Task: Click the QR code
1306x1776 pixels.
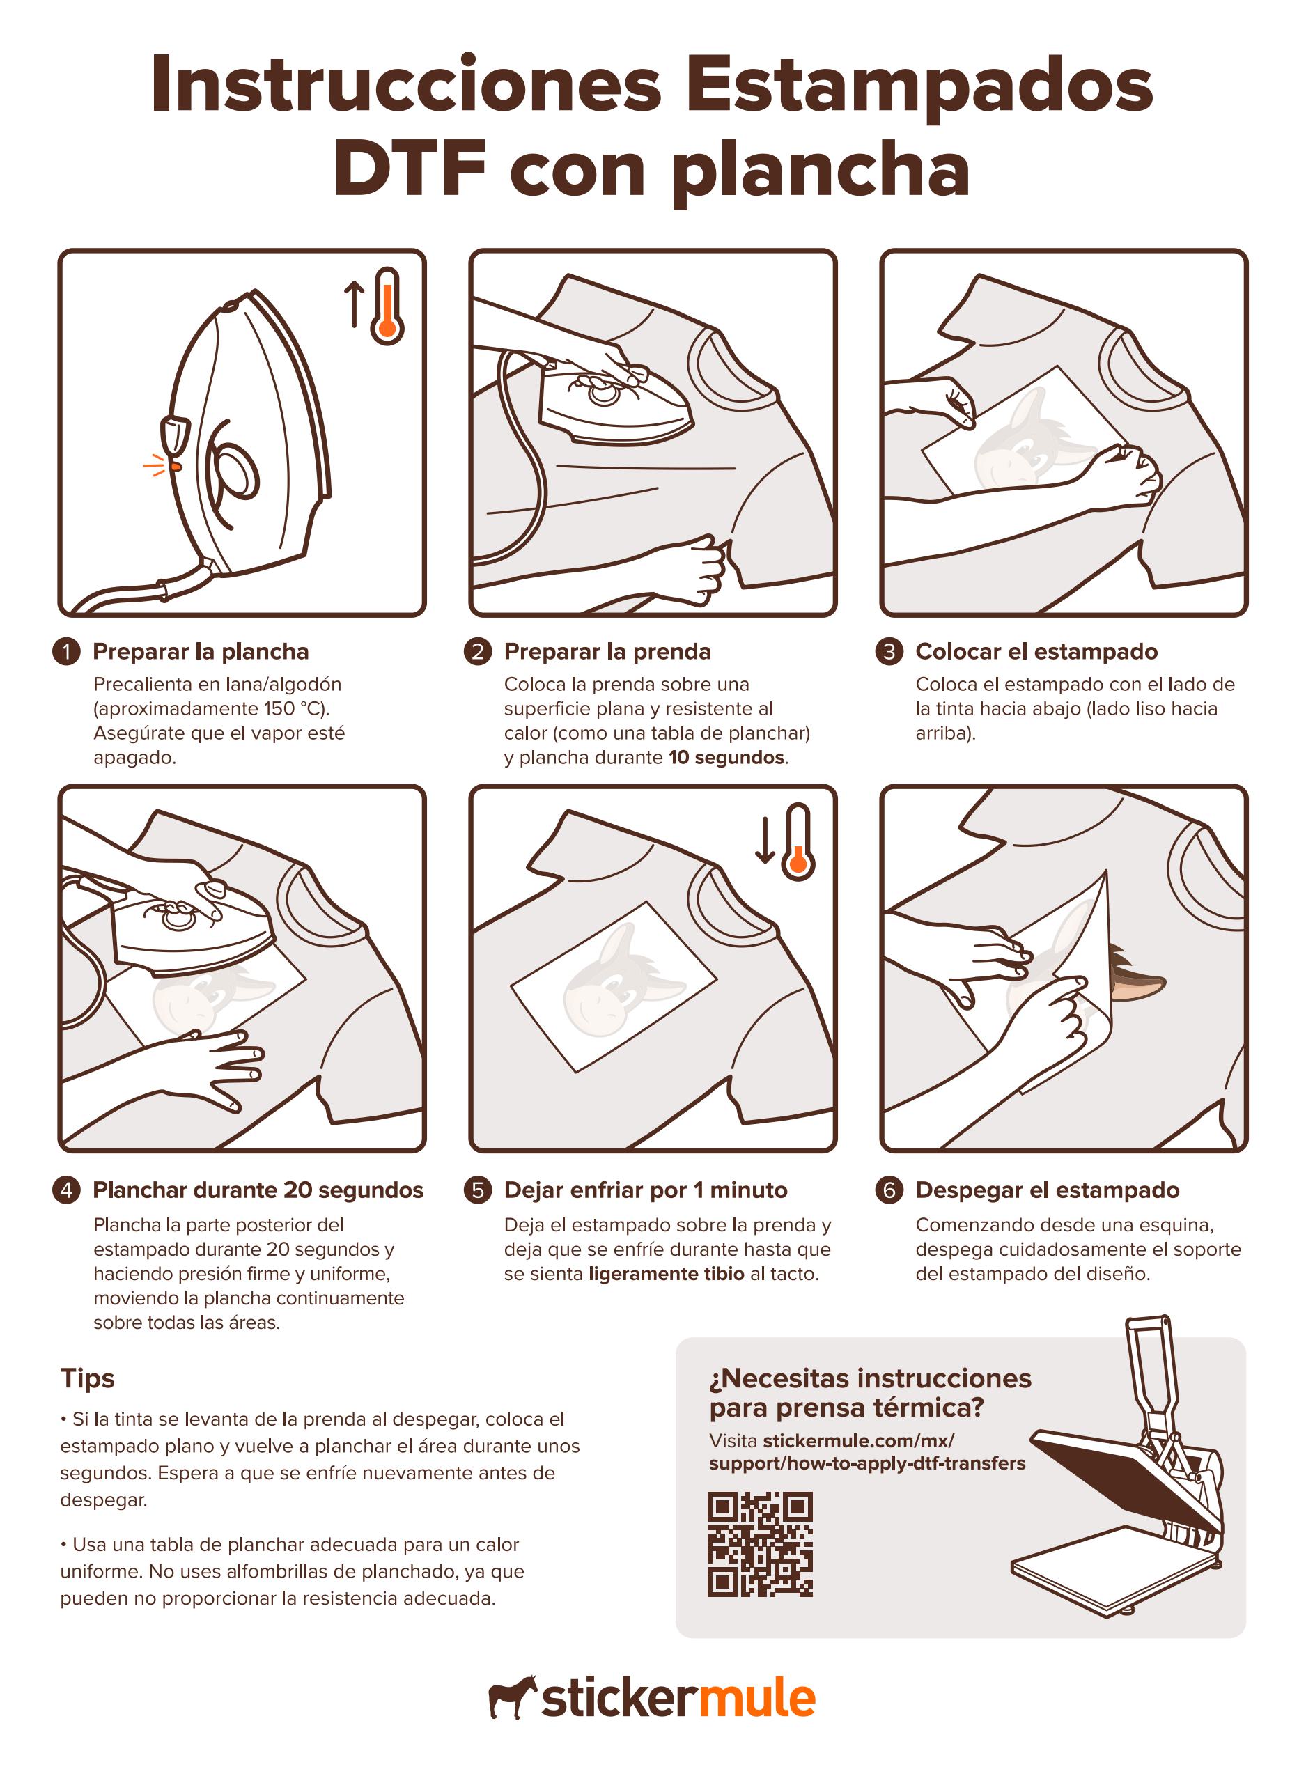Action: pyautogui.click(x=760, y=1543)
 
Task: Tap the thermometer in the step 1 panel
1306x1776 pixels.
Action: pyautogui.click(x=387, y=306)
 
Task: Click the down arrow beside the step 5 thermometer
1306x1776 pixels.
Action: pyautogui.click(x=765, y=840)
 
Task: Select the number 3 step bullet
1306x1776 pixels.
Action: pyautogui.click(x=889, y=651)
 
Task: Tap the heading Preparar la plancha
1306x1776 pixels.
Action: pyautogui.click(x=201, y=651)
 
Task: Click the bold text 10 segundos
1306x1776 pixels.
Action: pyautogui.click(x=726, y=757)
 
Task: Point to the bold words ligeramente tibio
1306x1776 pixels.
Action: pyautogui.click(x=666, y=1273)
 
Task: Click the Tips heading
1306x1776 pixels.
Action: pyautogui.click(x=87, y=1378)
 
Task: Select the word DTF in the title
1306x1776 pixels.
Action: pyautogui.click(x=410, y=170)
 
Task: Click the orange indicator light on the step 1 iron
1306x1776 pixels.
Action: pyautogui.click(x=176, y=467)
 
